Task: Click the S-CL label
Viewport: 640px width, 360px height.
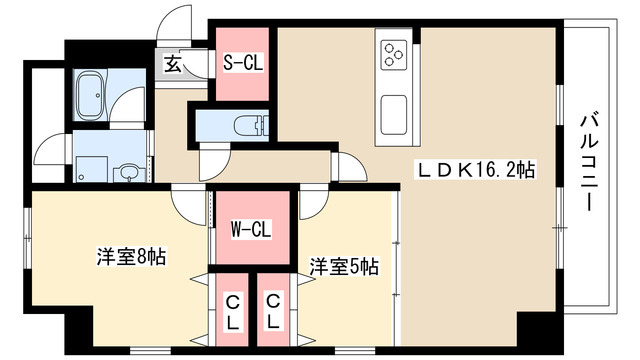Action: (x=242, y=63)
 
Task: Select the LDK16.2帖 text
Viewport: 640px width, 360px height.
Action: (x=476, y=170)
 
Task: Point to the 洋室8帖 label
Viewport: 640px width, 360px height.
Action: (x=131, y=256)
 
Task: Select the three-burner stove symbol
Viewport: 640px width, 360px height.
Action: (x=392, y=52)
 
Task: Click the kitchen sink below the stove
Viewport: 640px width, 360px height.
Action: (x=392, y=111)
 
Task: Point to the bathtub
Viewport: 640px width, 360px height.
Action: (x=92, y=94)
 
